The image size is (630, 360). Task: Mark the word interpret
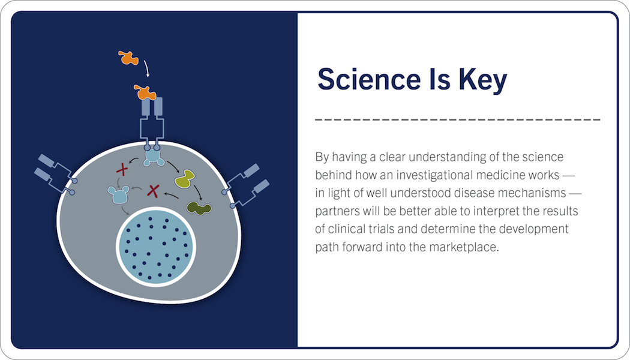(494, 211)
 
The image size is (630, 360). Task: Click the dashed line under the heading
(458, 119)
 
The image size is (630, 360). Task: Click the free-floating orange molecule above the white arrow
(128, 58)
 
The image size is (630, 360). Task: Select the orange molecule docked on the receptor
(145, 92)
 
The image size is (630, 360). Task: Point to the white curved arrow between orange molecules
(147, 68)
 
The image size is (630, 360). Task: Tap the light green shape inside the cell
(185, 178)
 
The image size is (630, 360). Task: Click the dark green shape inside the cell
(199, 209)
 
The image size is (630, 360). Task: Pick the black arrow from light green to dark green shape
(199, 193)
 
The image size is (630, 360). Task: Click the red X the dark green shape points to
(153, 191)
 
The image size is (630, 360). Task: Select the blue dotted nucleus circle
(156, 247)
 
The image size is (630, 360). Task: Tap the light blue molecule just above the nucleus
(119, 194)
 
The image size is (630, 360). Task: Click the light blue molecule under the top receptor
(154, 157)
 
